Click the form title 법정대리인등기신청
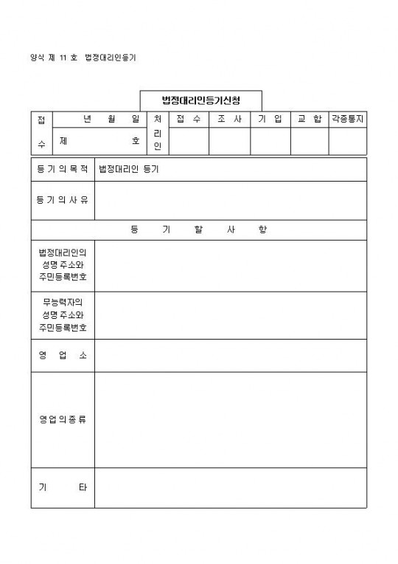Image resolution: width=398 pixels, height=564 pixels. coord(200,100)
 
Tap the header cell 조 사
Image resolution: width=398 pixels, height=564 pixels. coord(229,119)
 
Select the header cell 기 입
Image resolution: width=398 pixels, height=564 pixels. coord(270,119)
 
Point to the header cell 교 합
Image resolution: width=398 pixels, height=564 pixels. coord(309,119)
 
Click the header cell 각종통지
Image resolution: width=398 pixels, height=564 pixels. coord(347,119)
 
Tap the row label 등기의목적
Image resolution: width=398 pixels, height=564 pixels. coord(63,169)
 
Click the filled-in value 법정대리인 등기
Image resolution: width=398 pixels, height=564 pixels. coord(129,169)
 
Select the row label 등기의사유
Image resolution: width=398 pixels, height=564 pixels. coord(63,200)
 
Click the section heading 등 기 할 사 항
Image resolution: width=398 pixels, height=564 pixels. coord(198,230)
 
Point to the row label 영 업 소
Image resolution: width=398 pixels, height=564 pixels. coord(63,355)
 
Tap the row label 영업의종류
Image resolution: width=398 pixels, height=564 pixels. coord(63,419)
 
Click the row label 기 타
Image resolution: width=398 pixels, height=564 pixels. coord(63,487)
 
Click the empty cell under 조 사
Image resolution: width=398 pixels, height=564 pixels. coord(229,141)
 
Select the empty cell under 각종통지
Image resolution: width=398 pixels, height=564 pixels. coord(347,141)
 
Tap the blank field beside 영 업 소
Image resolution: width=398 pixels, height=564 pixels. coord(230,355)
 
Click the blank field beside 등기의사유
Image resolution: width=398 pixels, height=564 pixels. coord(230,200)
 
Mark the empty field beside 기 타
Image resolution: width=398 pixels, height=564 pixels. coord(230,487)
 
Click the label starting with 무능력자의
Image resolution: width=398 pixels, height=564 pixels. coord(63,314)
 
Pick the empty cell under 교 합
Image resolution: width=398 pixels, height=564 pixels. coord(309,141)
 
